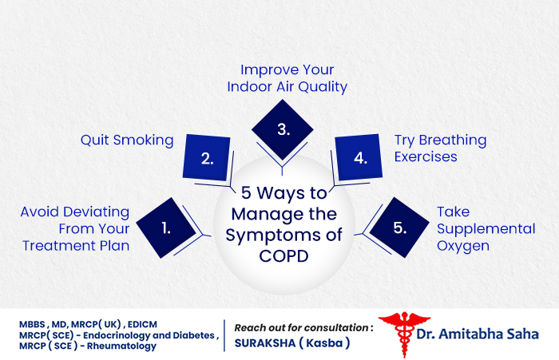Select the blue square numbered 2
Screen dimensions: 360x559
click(207, 157)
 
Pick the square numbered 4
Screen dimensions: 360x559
click(360, 157)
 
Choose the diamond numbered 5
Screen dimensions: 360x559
click(399, 227)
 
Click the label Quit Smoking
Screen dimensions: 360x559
click(127, 140)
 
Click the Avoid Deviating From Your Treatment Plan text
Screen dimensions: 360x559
click(75, 228)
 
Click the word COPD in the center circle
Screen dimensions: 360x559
click(283, 255)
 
